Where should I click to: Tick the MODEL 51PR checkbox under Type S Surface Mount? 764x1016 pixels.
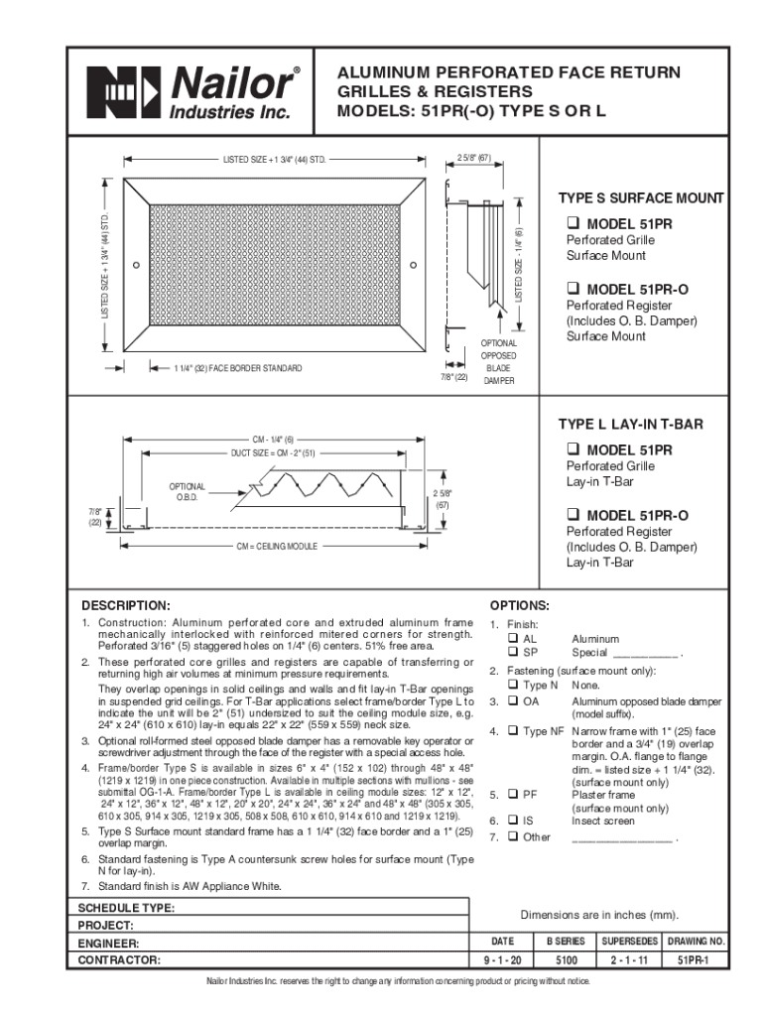point(573,223)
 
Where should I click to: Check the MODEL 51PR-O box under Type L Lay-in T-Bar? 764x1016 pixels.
point(573,515)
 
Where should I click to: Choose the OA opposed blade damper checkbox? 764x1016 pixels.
point(513,700)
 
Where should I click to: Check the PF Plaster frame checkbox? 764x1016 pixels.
point(513,795)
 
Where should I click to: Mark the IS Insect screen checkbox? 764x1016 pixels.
point(513,822)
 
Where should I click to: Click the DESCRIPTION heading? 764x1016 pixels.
point(126,604)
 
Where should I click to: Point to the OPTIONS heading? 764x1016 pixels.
point(520,604)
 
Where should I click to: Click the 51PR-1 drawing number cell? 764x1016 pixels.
point(697,960)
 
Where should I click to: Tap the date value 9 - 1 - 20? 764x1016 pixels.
point(503,960)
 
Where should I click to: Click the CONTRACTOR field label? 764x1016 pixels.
point(120,960)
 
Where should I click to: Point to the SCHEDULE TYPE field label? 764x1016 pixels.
point(127,908)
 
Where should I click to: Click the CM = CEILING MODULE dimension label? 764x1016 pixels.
point(276,546)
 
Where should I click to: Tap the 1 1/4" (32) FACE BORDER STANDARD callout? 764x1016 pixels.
point(238,369)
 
